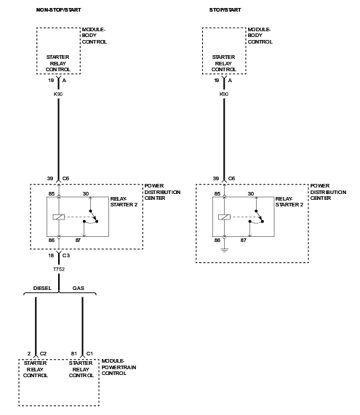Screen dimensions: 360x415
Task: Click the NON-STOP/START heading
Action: click(58, 10)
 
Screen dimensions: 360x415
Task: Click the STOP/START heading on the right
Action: click(225, 10)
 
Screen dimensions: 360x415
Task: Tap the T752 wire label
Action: click(59, 270)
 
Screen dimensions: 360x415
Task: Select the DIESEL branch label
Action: click(42, 289)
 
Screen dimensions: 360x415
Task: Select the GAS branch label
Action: click(79, 289)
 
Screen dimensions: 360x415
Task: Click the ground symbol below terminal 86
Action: click(225, 250)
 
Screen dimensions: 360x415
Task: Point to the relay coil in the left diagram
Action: click(59, 217)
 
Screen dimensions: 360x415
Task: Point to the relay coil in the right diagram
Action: click(225, 217)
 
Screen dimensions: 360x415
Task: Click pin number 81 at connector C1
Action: click(74, 354)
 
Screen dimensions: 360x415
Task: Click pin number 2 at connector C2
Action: click(29, 354)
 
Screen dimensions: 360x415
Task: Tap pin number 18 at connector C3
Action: click(51, 255)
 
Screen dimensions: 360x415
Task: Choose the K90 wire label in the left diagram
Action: click(58, 94)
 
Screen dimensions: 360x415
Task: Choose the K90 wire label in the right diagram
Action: click(224, 94)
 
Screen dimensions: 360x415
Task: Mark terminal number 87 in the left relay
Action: click(78, 241)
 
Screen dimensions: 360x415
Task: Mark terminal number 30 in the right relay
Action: click(251, 194)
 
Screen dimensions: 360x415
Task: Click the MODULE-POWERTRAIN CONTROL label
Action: click(119, 367)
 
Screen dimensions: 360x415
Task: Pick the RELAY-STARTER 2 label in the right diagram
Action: click(289, 201)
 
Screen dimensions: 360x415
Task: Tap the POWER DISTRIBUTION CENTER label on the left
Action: click(162, 192)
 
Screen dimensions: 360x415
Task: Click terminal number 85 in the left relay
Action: click(52, 194)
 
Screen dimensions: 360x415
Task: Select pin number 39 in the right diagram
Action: click(216, 179)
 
